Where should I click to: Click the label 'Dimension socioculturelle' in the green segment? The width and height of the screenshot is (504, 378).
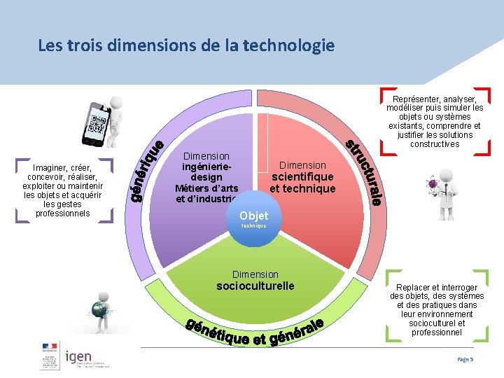pyautogui.click(x=255, y=281)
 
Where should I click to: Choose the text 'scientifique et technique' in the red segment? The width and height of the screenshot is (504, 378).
pyautogui.click(x=302, y=183)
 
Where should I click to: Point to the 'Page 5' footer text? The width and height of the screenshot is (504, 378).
pyautogui.click(x=465, y=358)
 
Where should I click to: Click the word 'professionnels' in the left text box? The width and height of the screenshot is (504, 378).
pyautogui.click(x=62, y=213)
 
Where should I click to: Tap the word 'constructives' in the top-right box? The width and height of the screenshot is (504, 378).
pyautogui.click(x=435, y=144)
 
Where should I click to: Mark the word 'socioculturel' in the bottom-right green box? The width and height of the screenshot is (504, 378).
pyautogui.click(x=437, y=323)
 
